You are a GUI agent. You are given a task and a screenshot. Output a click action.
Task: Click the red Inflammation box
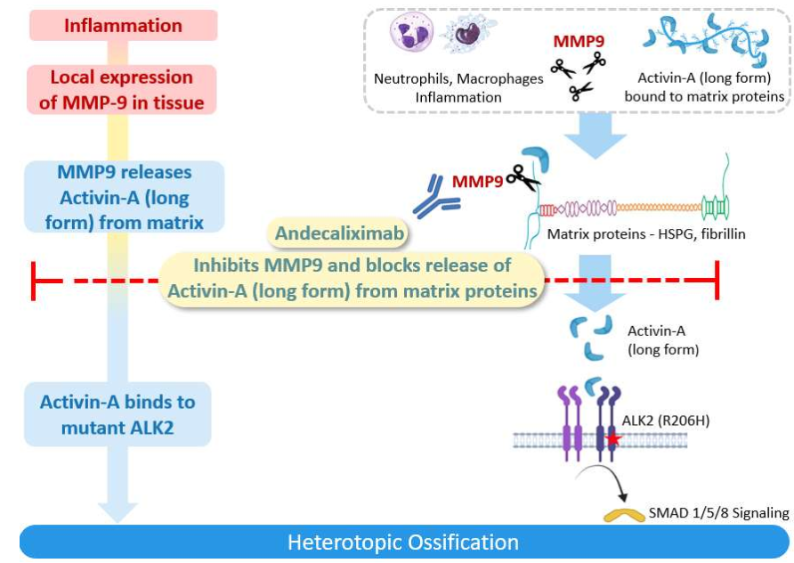click(x=123, y=25)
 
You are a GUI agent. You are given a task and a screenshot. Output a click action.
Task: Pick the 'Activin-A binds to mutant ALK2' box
click(x=117, y=414)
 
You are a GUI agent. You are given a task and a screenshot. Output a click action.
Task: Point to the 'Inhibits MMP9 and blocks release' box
click(x=352, y=278)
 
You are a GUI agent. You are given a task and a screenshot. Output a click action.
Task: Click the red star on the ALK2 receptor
click(x=613, y=439)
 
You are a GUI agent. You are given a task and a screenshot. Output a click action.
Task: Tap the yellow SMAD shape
click(x=625, y=514)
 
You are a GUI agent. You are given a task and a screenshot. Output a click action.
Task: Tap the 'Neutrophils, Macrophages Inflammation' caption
click(x=458, y=87)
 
